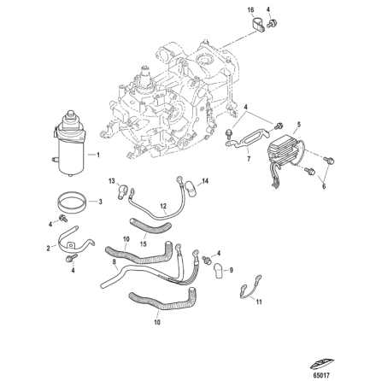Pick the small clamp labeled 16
(x=260, y=26)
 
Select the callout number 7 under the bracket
(x=247, y=158)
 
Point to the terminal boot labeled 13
(x=123, y=186)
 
